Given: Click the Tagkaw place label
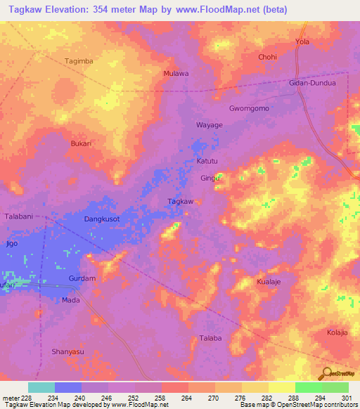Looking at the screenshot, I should point(181,202).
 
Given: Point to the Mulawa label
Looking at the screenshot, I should point(176,73).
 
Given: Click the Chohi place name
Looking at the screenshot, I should point(267,57).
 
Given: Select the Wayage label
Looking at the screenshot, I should point(209,125).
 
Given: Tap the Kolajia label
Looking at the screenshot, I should point(340,332).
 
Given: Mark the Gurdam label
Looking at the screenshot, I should point(82,279).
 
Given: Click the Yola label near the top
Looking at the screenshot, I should point(302,42).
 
